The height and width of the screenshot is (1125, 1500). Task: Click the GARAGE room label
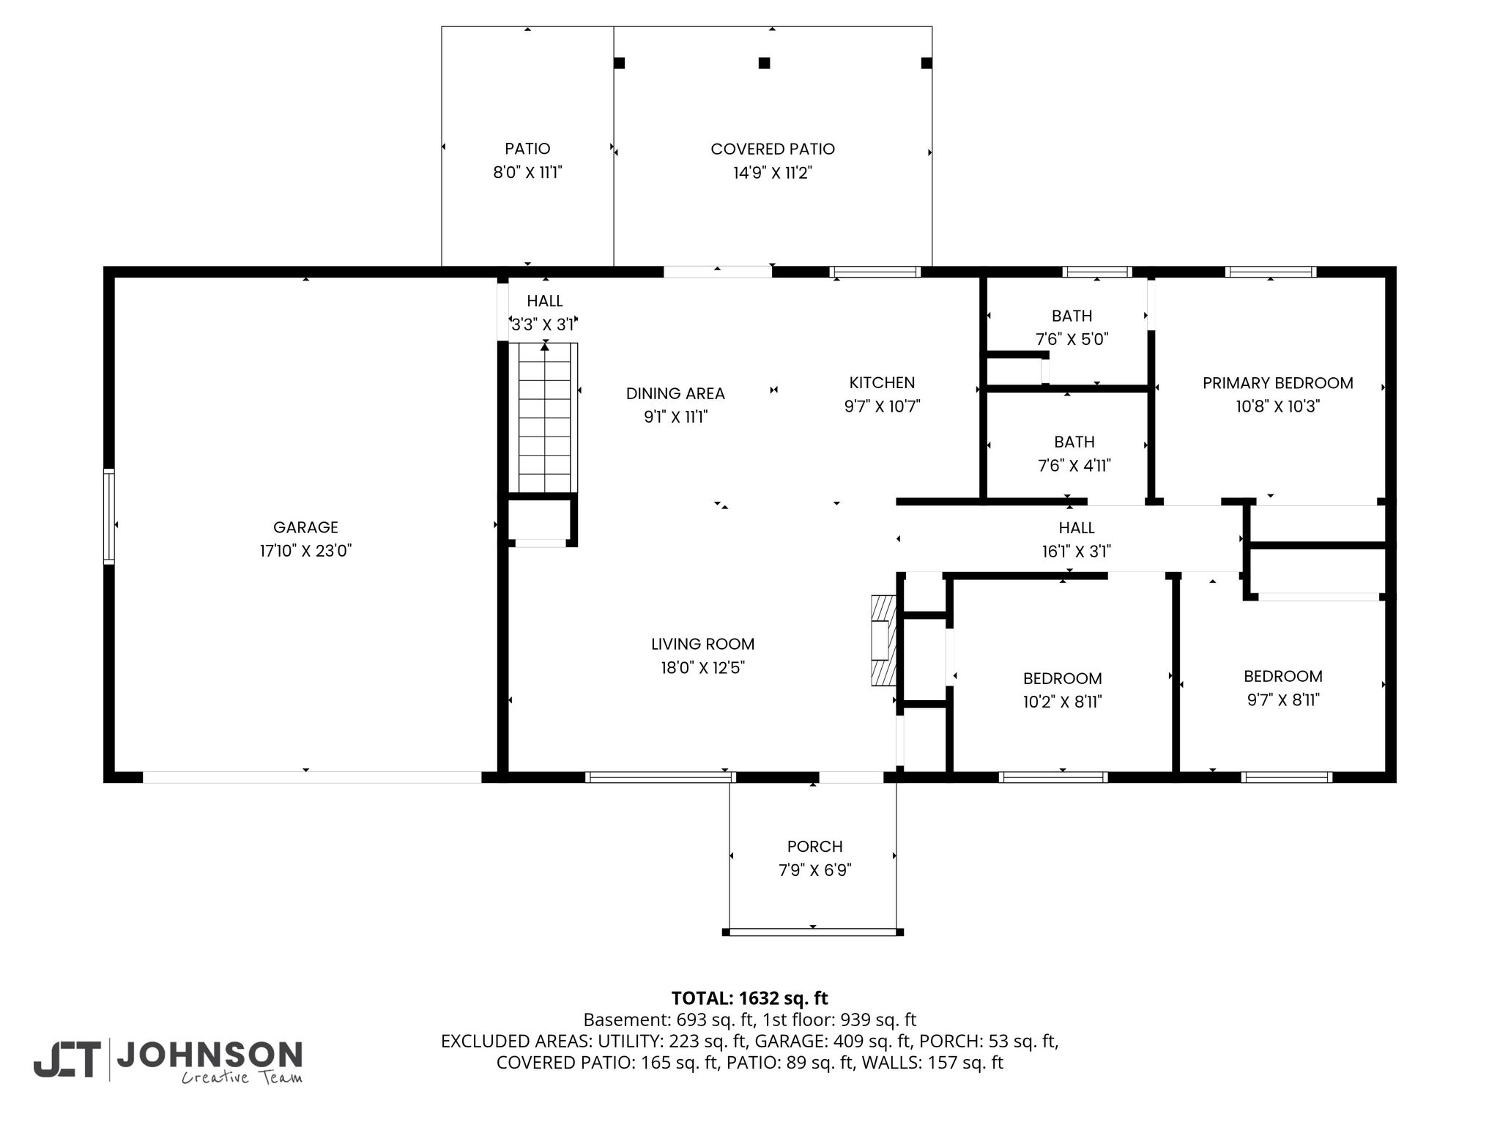[x=305, y=527]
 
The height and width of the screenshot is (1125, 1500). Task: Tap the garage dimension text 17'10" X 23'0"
[x=305, y=551]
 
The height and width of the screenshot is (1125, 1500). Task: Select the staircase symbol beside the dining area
[x=548, y=417]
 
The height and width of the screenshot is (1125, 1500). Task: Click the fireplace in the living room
[x=883, y=640]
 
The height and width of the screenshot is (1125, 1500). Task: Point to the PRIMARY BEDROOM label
[x=1277, y=383]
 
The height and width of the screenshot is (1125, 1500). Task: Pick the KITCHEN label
[x=882, y=382]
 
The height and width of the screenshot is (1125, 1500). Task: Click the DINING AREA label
[x=675, y=393]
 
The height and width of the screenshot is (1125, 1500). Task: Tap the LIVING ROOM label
[x=702, y=644]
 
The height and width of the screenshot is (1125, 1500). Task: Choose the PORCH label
[x=814, y=847]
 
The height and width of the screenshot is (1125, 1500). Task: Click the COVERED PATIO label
[x=773, y=149]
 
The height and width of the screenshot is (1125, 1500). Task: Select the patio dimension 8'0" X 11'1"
[x=527, y=173]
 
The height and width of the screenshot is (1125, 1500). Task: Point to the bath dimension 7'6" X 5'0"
[x=1072, y=339]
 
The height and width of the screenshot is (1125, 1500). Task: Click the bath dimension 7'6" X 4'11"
[x=1074, y=465]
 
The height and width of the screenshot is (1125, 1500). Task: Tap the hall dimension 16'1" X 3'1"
[x=1077, y=551]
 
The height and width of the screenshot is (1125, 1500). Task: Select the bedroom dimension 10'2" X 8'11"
[x=1062, y=702]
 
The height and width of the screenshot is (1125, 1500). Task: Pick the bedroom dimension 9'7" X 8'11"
[x=1283, y=699]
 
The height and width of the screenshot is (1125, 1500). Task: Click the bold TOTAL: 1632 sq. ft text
[x=749, y=998]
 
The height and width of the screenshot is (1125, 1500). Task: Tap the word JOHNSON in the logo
[x=209, y=1055]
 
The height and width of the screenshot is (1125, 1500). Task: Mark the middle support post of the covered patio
[x=764, y=63]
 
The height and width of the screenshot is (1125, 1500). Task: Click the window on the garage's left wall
[x=109, y=516]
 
